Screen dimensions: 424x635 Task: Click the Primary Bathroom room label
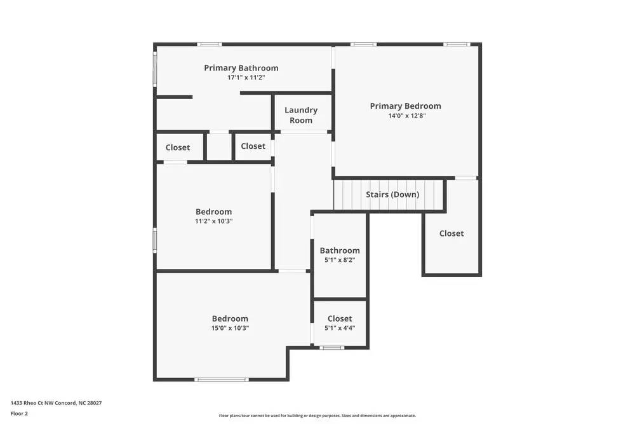coord(241,68)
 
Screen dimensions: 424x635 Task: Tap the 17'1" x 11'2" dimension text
coord(246,78)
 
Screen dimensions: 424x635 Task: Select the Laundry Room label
coord(301,115)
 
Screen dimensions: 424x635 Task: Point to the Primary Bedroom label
coord(405,106)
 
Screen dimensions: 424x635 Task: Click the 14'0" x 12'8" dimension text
coord(406,116)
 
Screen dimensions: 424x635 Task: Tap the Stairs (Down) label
coord(392,195)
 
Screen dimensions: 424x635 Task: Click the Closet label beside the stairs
coord(451,233)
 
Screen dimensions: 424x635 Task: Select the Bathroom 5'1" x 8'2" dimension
coord(340,260)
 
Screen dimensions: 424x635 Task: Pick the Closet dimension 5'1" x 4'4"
coord(340,328)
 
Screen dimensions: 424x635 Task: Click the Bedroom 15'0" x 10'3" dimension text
coord(231,328)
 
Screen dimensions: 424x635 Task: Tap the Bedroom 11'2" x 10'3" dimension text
coord(213,221)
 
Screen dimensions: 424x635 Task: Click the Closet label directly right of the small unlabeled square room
coord(253,146)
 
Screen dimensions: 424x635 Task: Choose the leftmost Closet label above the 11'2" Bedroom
coord(178,147)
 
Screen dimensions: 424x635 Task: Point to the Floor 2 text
coord(19,413)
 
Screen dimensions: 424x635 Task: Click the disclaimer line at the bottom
coord(317,416)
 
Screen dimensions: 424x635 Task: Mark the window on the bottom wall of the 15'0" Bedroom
coord(221,380)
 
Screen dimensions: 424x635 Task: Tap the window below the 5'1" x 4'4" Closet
coord(331,347)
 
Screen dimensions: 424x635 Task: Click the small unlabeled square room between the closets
coord(219,147)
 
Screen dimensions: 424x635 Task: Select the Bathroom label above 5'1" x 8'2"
coord(340,250)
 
